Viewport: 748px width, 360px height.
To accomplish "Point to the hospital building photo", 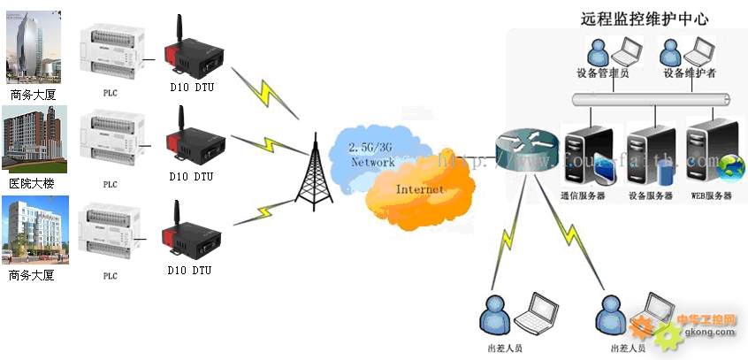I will point(34,140).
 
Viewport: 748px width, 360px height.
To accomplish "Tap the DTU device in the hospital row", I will point(189,142).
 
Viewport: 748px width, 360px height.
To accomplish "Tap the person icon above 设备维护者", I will point(674,51).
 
